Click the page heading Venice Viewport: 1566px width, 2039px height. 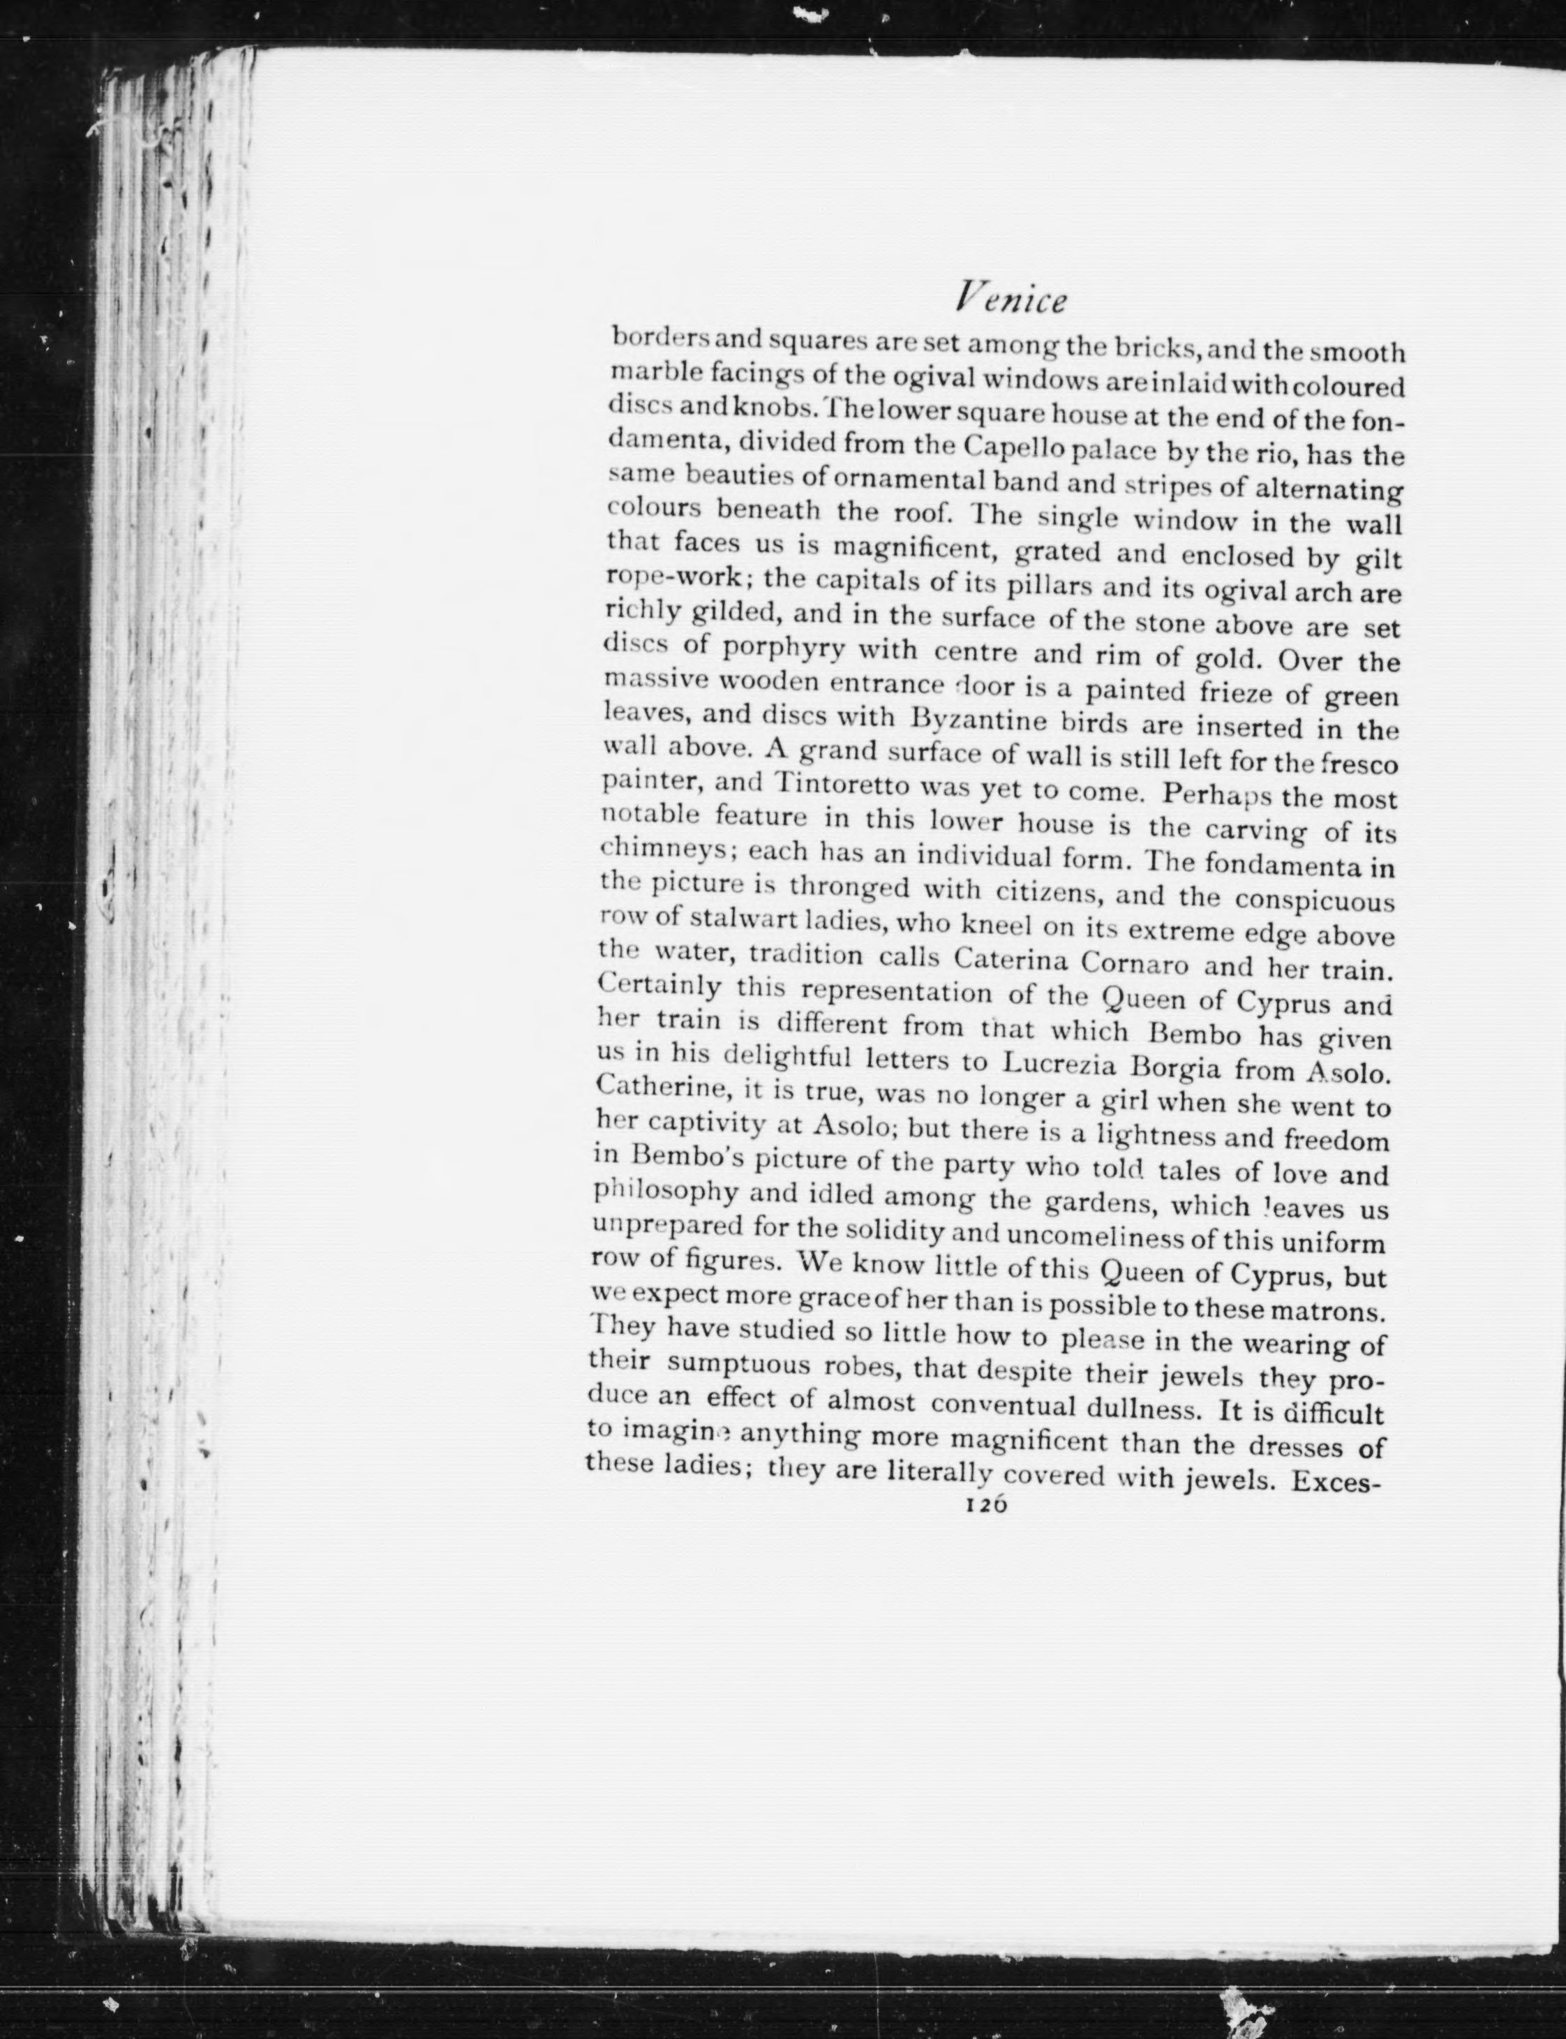[x=1011, y=301]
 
